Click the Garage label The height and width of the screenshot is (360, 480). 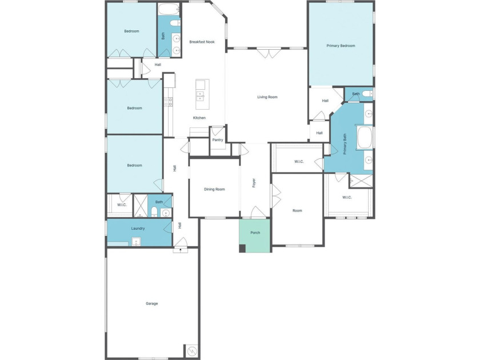pyautogui.click(x=151, y=303)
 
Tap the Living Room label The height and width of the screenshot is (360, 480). pyautogui.click(x=267, y=97)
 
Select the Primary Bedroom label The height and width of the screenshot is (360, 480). pyautogui.click(x=341, y=46)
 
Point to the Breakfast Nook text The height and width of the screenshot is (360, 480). pyautogui.click(x=202, y=42)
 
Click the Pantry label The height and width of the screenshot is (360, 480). pyautogui.click(x=218, y=140)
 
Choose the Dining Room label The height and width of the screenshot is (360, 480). pyautogui.click(x=214, y=189)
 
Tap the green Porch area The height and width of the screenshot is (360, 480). pyautogui.click(x=255, y=235)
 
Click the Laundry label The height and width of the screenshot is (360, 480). pyautogui.click(x=138, y=229)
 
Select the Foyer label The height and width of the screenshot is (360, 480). pyautogui.click(x=254, y=183)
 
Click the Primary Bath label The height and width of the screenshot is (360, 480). pyautogui.click(x=345, y=144)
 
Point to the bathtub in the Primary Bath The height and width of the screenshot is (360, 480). pyautogui.click(x=365, y=137)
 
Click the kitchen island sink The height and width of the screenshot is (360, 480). pyautogui.click(x=201, y=96)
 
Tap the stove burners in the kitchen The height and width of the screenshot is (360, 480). pyautogui.click(x=168, y=102)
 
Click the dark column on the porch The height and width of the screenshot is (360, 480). pyautogui.click(x=242, y=248)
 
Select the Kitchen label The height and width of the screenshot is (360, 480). pyautogui.click(x=199, y=118)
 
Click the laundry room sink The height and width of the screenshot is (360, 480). pyautogui.click(x=136, y=242)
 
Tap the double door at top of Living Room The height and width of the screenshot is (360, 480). pyautogui.click(x=269, y=53)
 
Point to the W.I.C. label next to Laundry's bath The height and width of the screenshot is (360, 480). pyautogui.click(x=122, y=205)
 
